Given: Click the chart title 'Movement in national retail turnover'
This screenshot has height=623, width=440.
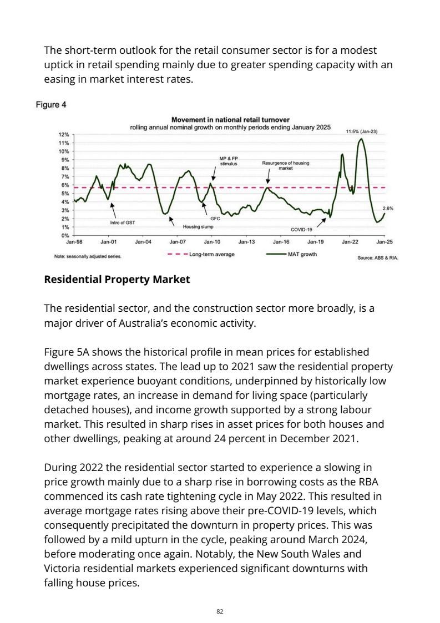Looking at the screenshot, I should pos(230,120).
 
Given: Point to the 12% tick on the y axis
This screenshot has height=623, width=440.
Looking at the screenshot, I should pos(64,135).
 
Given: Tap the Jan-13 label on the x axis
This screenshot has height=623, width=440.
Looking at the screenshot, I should pos(246,242).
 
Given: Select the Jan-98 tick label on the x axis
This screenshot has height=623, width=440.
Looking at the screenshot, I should pos(74,242).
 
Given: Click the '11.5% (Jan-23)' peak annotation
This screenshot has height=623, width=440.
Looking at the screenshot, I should pos(362,131).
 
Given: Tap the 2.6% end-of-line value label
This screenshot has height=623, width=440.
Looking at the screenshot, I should pos(388,209).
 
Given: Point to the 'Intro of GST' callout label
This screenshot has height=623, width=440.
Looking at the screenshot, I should pos(123,222).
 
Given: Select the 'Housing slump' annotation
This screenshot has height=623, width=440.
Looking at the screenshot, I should pos(198,227).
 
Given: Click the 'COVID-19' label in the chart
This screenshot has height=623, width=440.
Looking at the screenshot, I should pos(302,229).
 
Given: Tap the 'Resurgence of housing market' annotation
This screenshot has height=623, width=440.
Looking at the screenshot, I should pos(285,165).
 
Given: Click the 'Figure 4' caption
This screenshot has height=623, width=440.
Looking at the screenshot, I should pos(52,104).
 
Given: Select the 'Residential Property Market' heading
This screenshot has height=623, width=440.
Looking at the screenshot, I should pos(117,280).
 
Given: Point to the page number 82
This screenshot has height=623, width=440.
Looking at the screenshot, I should pos(220,611).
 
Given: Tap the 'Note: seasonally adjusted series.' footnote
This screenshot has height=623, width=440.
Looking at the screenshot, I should pos(88,257).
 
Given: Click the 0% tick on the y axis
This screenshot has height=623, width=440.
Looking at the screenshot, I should pos(64,236).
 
